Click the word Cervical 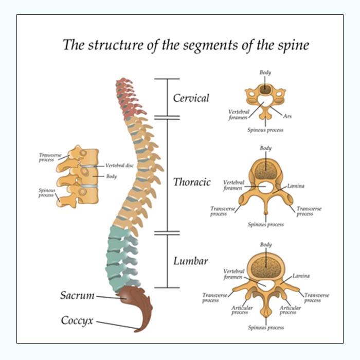pyautogui.click(x=191, y=98)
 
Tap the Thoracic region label pyautogui.click(x=191, y=182)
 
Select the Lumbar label pyautogui.click(x=190, y=261)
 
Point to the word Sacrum pyautogui.click(x=77, y=295)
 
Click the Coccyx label pyautogui.click(x=77, y=320)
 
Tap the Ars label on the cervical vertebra pyautogui.click(x=287, y=117)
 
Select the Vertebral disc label pyautogui.click(x=119, y=166)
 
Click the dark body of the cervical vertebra pyautogui.click(x=265, y=89)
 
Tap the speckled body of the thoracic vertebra pyautogui.click(x=265, y=169)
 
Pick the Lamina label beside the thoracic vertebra pyautogui.click(x=296, y=186)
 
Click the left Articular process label pyautogui.click(x=240, y=310)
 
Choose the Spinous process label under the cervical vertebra pyautogui.click(x=265, y=130)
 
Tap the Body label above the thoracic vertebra pyautogui.click(x=265, y=148)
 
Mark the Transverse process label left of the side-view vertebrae pyautogui.click(x=46, y=157)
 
